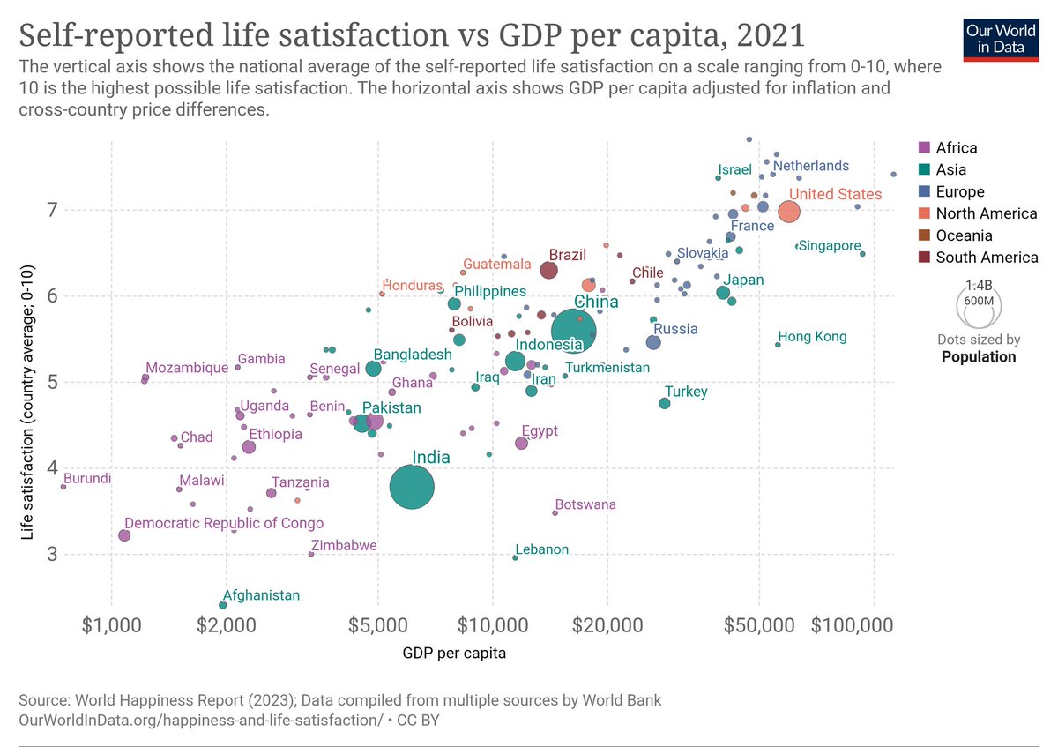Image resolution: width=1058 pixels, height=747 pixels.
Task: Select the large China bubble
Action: (574, 332)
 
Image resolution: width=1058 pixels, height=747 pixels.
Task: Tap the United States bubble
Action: (789, 212)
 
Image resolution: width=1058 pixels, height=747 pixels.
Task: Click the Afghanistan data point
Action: (223, 605)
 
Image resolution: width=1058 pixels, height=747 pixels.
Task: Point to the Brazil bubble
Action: (548, 270)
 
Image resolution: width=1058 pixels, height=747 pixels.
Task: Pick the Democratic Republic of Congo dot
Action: (124, 535)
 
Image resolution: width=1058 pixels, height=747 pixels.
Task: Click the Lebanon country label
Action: (541, 549)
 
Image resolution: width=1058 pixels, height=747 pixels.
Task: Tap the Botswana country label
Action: (585, 505)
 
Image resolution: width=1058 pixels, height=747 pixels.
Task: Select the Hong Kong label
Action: (811, 337)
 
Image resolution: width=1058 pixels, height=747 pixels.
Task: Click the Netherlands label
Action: (811, 166)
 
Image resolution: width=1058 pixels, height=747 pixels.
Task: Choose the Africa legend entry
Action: (956, 148)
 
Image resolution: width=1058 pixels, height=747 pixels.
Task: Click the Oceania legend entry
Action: (963, 235)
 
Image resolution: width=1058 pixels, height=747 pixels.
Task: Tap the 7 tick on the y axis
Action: (52, 211)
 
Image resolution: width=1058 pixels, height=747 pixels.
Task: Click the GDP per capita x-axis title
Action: (454, 654)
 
